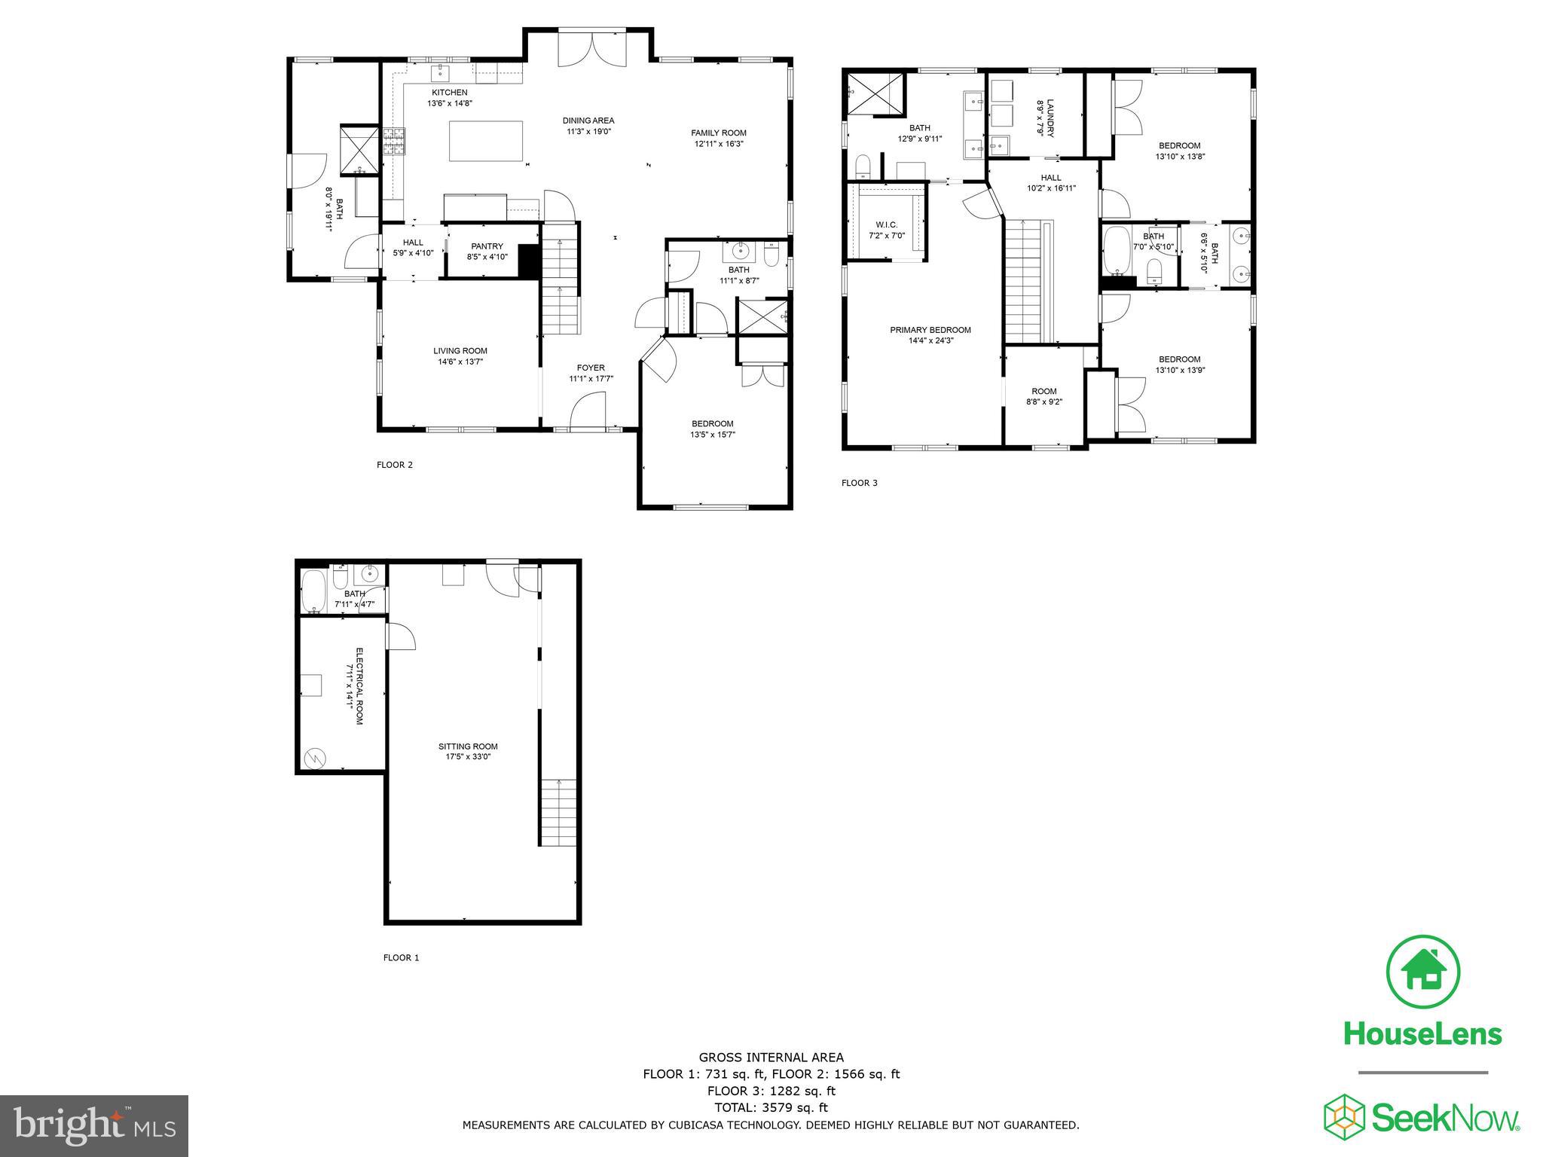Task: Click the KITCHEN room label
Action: (449, 93)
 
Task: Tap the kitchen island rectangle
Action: (486, 141)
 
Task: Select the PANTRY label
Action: (487, 246)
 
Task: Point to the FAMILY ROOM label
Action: (719, 133)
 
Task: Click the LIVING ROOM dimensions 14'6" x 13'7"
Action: (460, 362)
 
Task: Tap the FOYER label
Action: (591, 368)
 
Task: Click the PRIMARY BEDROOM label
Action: (930, 330)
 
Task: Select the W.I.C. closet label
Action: (887, 225)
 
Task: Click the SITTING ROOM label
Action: (468, 746)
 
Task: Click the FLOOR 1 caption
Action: (401, 958)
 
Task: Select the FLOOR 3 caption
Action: (859, 483)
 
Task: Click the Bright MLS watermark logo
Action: (94, 1126)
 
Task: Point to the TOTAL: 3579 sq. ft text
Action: (771, 1107)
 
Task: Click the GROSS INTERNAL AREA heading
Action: (771, 1058)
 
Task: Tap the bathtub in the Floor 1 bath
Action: (313, 591)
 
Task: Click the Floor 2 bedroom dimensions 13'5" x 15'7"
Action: (712, 434)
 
